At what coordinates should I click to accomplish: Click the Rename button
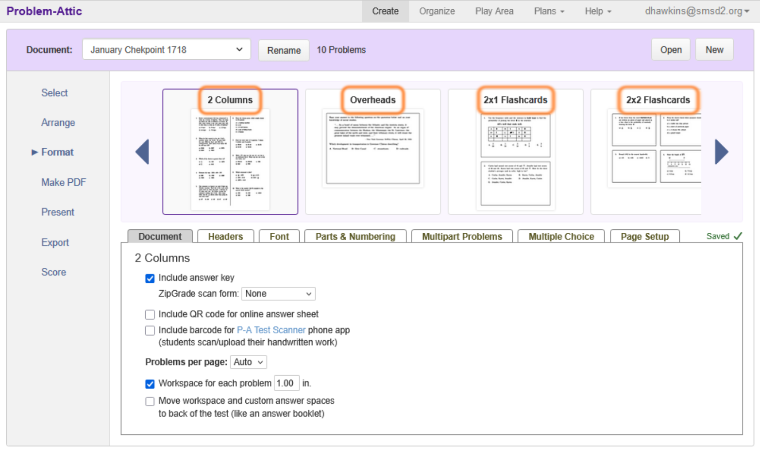pos(284,51)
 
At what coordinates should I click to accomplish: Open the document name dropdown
pos(166,50)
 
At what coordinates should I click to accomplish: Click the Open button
pos(670,50)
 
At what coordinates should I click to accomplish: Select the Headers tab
pos(225,237)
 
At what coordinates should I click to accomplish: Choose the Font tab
pos(279,237)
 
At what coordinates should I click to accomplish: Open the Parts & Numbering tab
pos(355,237)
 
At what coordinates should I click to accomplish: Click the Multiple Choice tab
pos(561,237)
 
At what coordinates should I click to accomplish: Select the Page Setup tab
pos(644,237)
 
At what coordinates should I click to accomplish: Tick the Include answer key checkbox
pos(150,278)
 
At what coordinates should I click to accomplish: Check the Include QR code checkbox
pos(150,314)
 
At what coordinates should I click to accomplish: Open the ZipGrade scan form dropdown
pos(278,294)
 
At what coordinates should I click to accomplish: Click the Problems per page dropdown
pos(248,363)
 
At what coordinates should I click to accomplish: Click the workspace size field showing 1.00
pos(286,383)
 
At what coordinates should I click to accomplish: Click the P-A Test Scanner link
pos(271,330)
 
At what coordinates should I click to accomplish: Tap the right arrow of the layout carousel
pos(721,152)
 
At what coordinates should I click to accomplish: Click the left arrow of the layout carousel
pos(142,152)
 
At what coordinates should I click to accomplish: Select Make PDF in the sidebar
pos(64,183)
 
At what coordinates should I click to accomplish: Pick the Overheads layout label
pos(372,100)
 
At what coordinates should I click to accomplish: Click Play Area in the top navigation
pos(494,11)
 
